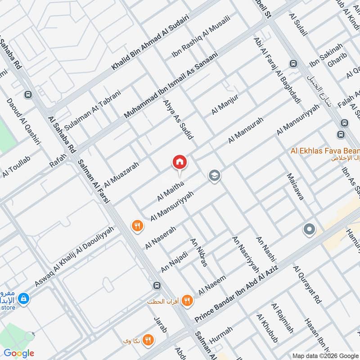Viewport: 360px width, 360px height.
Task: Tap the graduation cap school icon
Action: (x=214, y=175)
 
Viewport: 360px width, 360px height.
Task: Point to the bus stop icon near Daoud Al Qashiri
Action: (x=29, y=95)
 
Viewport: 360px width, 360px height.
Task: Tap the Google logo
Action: (x=19, y=353)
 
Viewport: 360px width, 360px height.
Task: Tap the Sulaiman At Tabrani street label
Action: (x=93, y=109)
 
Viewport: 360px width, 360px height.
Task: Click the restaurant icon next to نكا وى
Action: (x=148, y=340)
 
